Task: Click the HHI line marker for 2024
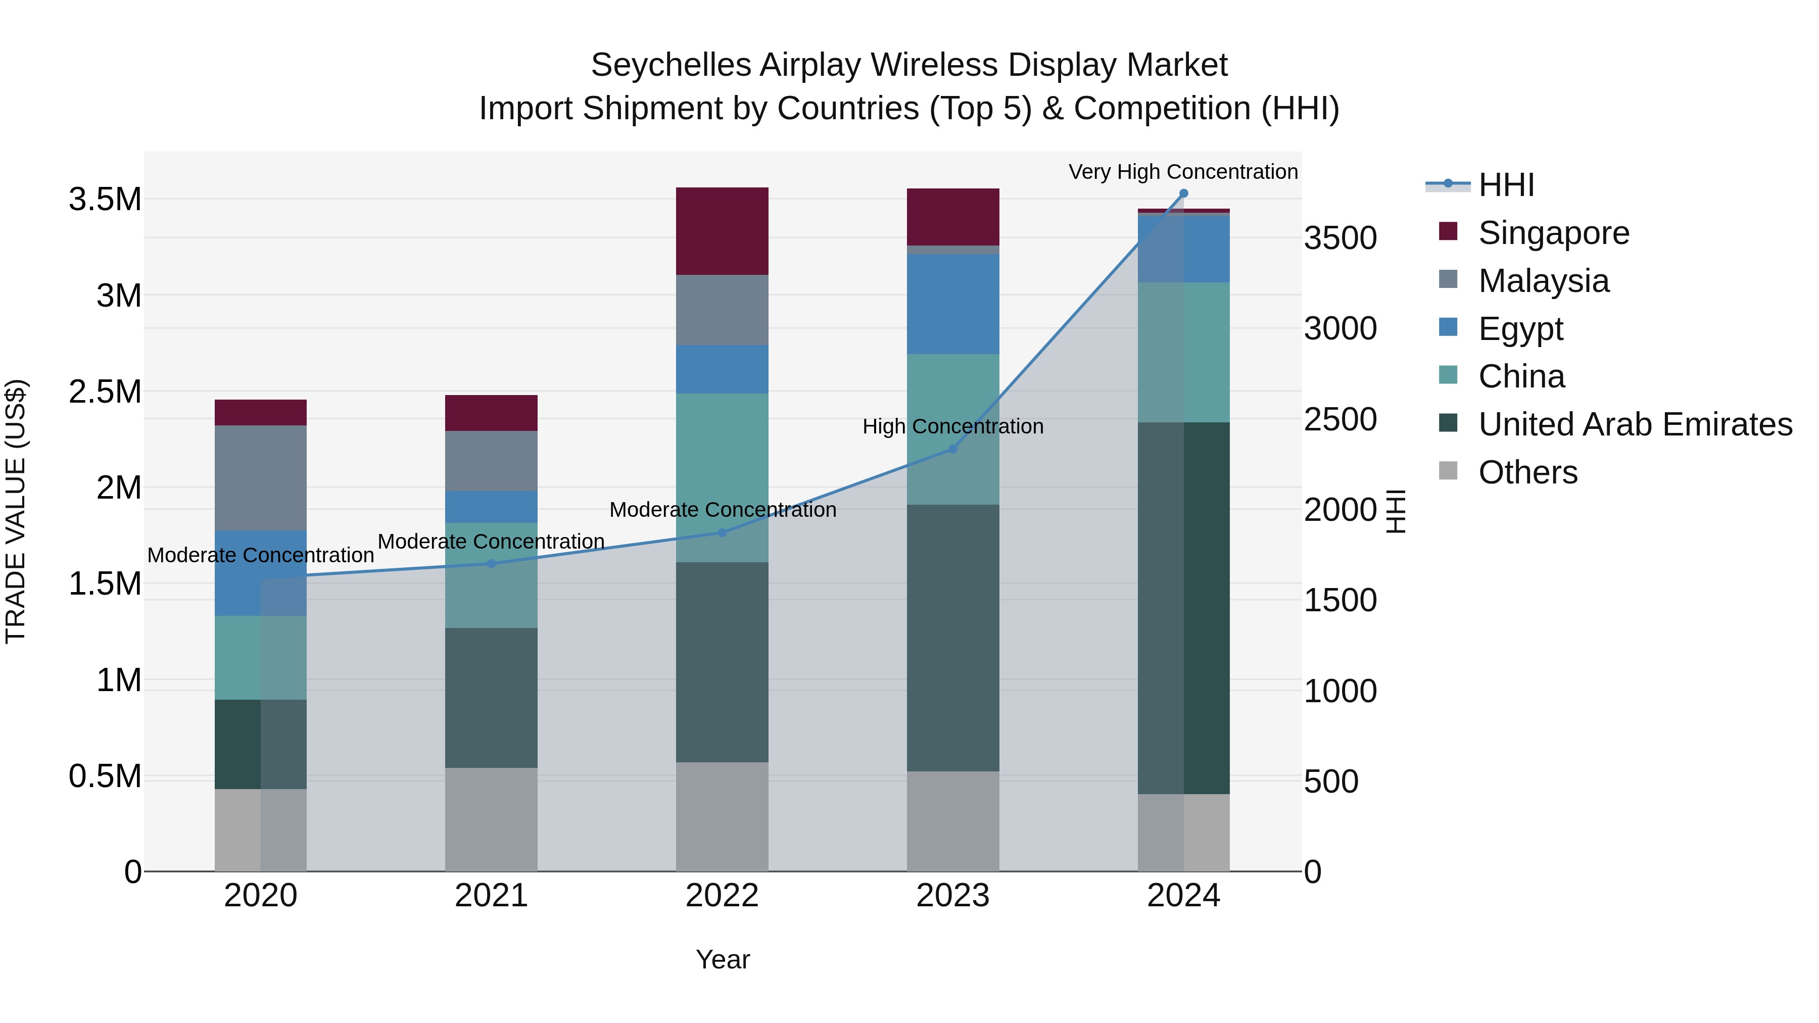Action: (x=1183, y=193)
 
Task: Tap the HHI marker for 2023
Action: (x=952, y=449)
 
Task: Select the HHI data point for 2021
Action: (x=492, y=563)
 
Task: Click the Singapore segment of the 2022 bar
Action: (x=722, y=231)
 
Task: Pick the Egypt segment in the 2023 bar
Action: (x=952, y=304)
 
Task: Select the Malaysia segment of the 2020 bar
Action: (x=261, y=477)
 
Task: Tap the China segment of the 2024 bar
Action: (x=1183, y=352)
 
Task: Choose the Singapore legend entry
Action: (x=1554, y=233)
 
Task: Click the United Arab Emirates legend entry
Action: (x=1635, y=424)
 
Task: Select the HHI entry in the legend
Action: (x=1506, y=185)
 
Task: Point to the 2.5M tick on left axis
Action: (x=105, y=392)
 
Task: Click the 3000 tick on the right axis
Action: (x=1339, y=328)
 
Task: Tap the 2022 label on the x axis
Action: (x=722, y=896)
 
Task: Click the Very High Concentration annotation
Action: (x=1183, y=172)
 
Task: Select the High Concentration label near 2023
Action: (x=952, y=426)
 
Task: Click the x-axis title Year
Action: (x=723, y=959)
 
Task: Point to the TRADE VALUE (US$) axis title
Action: (x=16, y=511)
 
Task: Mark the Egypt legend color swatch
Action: (x=1448, y=327)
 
